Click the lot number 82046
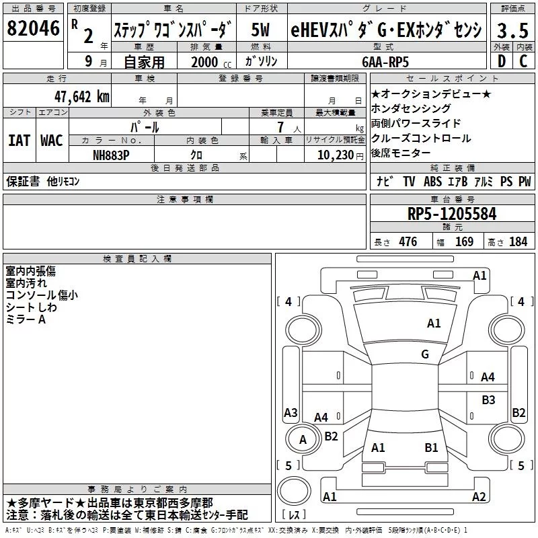(32, 30)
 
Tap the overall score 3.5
(512, 32)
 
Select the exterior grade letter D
(501, 61)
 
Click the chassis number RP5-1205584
(452, 215)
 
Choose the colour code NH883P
(112, 155)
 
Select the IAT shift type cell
(19, 141)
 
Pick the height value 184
(518, 242)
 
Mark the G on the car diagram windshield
(425, 354)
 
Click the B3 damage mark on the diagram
(488, 400)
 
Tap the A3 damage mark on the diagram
(291, 412)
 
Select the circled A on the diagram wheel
(302, 440)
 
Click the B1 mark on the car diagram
(431, 447)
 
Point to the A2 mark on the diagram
(479, 497)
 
